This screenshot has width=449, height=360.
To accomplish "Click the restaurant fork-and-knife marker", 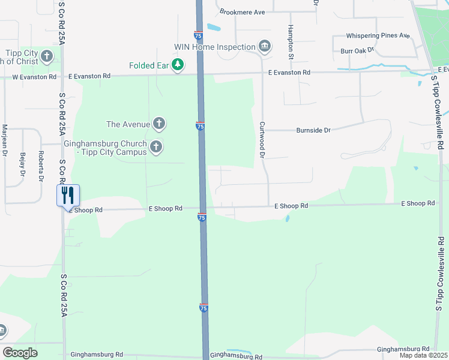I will [68, 195].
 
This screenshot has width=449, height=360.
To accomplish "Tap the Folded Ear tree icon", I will [177, 65].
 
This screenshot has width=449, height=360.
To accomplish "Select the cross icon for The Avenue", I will [158, 124].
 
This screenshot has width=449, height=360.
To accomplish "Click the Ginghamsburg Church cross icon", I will [156, 146].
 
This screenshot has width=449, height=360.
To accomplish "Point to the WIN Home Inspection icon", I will [264, 46].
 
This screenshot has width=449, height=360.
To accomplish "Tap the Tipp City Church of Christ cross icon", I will [47, 57].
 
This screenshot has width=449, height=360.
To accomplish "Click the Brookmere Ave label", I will [243, 12].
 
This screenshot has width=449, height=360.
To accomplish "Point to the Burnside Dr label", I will [313, 130].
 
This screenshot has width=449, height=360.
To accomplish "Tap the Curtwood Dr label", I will [262, 140].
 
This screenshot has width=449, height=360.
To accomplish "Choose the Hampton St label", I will [291, 41].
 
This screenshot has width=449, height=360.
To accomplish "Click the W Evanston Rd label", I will [35, 77].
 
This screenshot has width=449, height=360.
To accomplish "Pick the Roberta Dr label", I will [41, 166].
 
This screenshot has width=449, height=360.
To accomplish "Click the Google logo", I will [20, 353].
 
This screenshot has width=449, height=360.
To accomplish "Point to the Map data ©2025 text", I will [423, 355].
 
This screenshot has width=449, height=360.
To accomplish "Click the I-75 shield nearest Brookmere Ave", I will [198, 35].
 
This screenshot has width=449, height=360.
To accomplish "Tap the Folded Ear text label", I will [149, 65].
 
